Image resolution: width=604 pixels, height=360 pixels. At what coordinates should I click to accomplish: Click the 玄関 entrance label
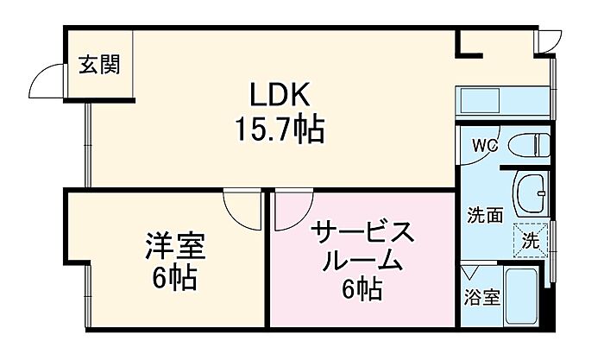[x=99, y=65]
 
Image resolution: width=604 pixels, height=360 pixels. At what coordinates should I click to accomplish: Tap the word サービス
[x=362, y=233]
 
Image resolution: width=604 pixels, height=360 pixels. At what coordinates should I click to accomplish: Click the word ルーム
[x=362, y=261]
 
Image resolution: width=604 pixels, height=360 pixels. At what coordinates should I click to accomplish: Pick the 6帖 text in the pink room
[x=362, y=290]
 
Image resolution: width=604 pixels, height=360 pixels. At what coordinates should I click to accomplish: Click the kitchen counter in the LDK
[x=500, y=102]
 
